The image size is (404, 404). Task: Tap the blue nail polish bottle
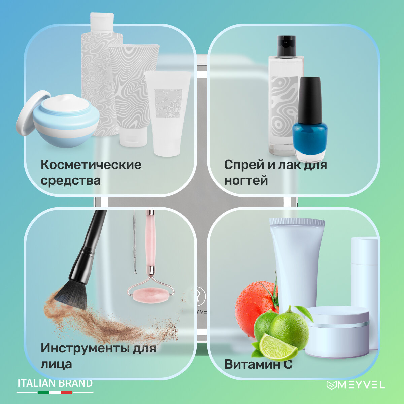tap(310, 120)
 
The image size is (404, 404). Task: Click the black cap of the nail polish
tap(310, 100)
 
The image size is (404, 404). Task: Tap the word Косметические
tap(91, 165)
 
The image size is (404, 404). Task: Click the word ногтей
tap(246, 180)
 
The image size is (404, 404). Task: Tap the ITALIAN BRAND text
tap(55, 383)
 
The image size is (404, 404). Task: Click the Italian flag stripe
tap(55, 392)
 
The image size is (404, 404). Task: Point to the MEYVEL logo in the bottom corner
tap(356, 385)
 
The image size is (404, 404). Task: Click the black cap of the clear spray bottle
tap(287, 46)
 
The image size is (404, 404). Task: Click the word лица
tap(56, 364)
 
